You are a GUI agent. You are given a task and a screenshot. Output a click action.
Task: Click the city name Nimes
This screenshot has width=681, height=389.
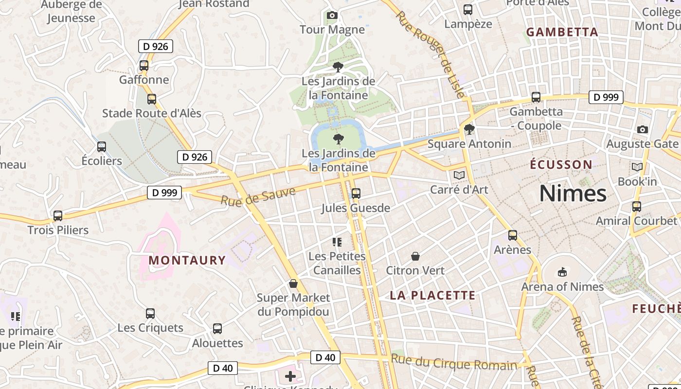[x=573, y=194]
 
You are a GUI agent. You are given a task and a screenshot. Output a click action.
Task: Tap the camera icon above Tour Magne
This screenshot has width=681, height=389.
[x=332, y=16]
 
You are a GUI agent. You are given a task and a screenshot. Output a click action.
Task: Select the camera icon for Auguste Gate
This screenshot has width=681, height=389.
[x=642, y=129]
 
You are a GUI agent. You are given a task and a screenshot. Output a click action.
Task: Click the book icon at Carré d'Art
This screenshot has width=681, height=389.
[x=459, y=175]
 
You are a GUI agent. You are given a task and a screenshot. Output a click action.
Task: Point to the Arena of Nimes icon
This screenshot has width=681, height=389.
[x=562, y=272]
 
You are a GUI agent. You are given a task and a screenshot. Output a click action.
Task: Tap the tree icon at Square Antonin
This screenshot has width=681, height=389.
[x=469, y=129]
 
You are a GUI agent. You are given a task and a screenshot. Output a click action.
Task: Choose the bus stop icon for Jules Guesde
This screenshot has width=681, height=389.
[x=356, y=194]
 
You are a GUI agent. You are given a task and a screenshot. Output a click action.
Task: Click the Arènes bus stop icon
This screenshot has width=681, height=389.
[x=512, y=235]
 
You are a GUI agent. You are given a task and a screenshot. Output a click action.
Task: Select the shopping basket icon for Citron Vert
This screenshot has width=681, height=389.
[x=415, y=256]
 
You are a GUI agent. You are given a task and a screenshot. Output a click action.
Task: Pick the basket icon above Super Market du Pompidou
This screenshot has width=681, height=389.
[x=293, y=283]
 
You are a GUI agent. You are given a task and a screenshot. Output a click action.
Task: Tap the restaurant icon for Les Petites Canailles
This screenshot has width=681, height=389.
[x=337, y=242]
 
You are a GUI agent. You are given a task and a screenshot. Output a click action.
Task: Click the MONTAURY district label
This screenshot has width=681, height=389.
[x=187, y=260]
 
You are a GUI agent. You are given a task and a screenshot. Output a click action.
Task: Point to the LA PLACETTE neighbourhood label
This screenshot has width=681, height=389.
[x=432, y=295]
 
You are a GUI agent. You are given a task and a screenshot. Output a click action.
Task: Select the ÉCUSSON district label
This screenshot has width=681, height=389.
[x=561, y=164]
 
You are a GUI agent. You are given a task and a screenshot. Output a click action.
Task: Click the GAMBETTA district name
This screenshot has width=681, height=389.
[x=562, y=32]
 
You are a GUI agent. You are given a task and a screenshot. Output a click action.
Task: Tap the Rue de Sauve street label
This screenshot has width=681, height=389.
[x=258, y=195]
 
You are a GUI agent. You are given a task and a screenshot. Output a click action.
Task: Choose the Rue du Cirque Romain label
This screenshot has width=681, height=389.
[x=454, y=362]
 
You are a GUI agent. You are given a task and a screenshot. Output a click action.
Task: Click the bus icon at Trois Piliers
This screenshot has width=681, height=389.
[x=58, y=215]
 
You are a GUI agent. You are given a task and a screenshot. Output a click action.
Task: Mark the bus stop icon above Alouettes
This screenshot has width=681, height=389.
[x=217, y=329]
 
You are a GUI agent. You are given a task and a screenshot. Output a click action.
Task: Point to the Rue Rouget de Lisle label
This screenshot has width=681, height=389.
[x=430, y=53]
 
